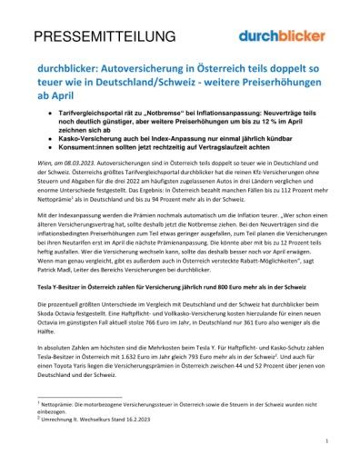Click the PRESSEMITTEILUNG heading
click(x=91, y=37)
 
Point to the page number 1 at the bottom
click(x=325, y=442)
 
